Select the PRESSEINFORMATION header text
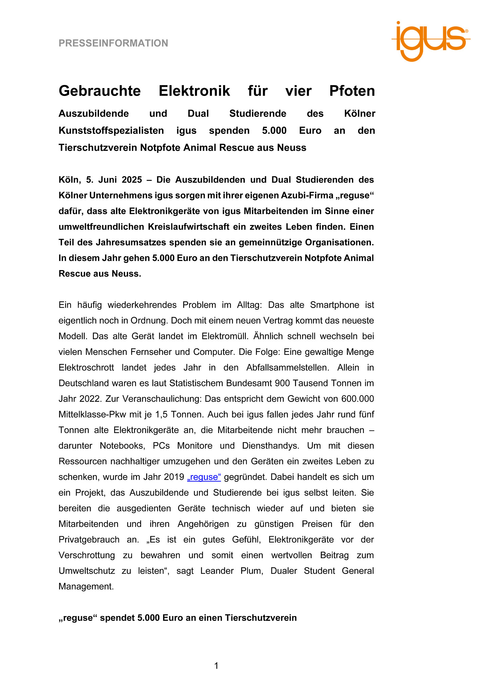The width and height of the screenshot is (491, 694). coord(113,43)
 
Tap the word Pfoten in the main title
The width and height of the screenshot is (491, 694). coord(352,91)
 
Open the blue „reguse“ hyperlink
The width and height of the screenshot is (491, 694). coord(204,477)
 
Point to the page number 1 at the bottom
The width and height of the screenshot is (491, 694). coord(216,666)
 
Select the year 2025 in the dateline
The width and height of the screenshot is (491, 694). coord(132,180)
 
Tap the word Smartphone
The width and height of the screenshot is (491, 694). coord(335,305)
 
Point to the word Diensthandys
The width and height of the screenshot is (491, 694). coord(271,446)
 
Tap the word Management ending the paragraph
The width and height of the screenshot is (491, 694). coord(86,587)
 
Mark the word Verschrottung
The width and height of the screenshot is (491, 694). coord(87,555)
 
